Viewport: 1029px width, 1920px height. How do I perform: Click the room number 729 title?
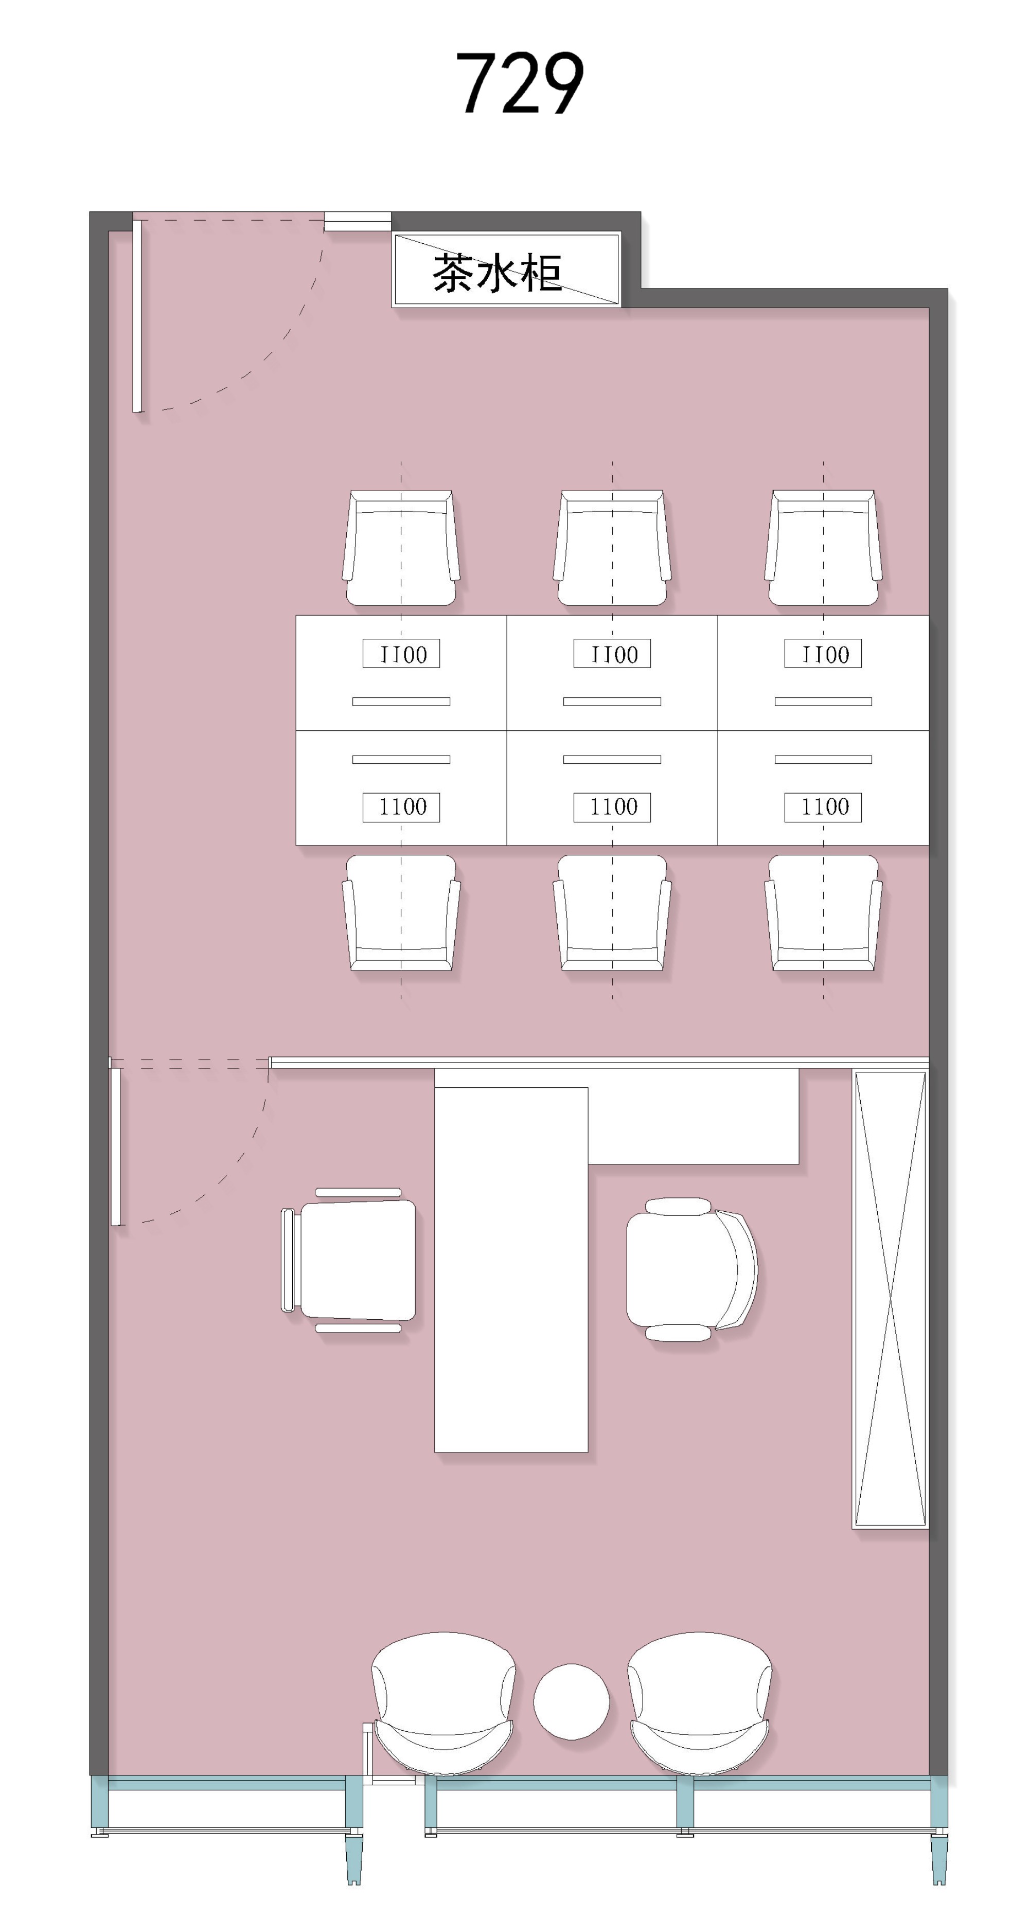point(520,83)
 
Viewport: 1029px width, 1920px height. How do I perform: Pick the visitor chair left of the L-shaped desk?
point(348,1260)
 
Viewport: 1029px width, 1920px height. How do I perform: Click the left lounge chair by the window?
point(443,1702)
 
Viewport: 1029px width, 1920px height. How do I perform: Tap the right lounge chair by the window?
point(699,1702)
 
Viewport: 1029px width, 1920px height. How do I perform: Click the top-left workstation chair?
point(401,548)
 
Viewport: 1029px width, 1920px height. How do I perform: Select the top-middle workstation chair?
point(612,548)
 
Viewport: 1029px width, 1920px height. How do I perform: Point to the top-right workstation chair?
point(823,548)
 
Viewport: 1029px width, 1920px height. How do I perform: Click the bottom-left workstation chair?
point(401,913)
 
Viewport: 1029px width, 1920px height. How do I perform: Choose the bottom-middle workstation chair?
point(612,913)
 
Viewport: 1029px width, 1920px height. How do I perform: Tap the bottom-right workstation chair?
point(823,913)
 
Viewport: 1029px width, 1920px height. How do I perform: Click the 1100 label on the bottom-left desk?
point(401,807)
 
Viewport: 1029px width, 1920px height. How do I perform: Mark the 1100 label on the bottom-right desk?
point(823,807)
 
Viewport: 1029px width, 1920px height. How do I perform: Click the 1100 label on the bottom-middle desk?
point(612,807)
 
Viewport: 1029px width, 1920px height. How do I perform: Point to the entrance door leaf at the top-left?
point(137,315)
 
